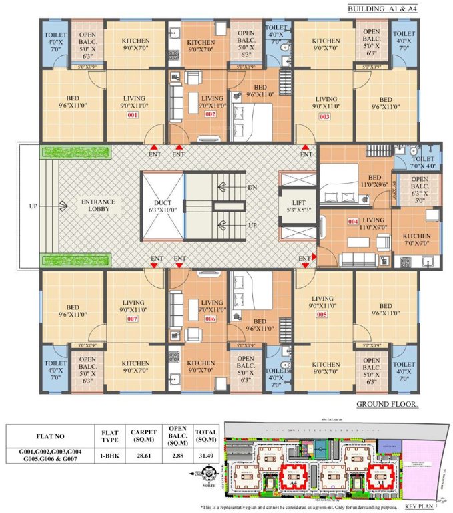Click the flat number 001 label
132,115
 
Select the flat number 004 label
354,221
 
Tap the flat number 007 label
132,319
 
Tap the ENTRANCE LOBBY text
98,206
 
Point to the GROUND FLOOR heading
387,405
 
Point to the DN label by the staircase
252,188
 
